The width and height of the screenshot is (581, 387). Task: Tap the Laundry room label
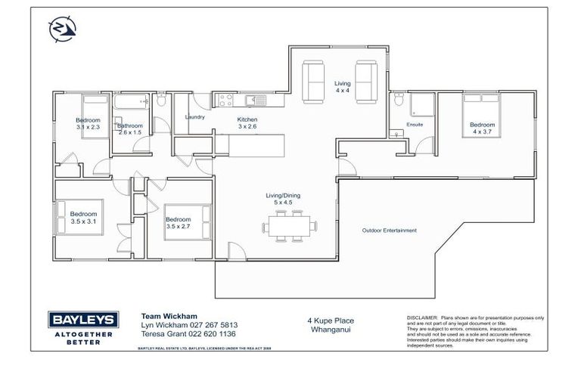click(x=195, y=117)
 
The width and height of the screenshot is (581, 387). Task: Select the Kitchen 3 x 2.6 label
click(x=247, y=123)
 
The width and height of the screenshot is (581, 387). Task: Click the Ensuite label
click(x=414, y=124)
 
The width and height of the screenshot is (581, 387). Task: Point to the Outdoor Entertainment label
click(x=389, y=231)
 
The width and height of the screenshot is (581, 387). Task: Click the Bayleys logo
click(x=82, y=327)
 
